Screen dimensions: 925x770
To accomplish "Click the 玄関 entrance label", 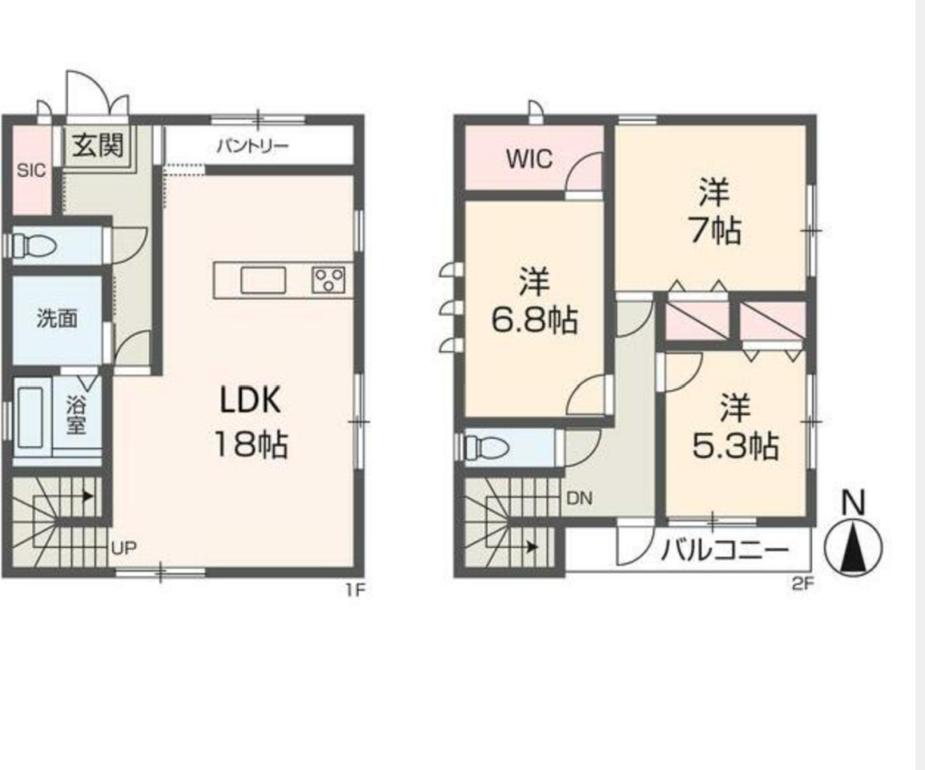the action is click(x=98, y=145).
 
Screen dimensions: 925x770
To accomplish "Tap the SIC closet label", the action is click(x=31, y=171).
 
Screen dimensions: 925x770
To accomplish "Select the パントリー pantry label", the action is click(x=253, y=145).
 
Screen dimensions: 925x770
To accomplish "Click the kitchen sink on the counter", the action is click(x=263, y=280).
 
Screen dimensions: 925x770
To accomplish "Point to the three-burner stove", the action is click(x=329, y=280).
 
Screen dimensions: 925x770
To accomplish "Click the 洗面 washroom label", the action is click(x=57, y=319).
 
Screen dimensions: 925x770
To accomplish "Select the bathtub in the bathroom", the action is click(x=31, y=417).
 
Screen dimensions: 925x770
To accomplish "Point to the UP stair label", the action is click(x=124, y=548).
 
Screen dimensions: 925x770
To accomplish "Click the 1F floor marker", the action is click(x=356, y=589).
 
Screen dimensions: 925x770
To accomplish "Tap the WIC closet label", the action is click(x=529, y=159).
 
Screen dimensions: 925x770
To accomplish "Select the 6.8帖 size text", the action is click(x=535, y=320).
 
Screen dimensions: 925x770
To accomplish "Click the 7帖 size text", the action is click(x=715, y=230).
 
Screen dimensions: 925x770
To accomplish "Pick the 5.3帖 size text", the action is click(x=735, y=446).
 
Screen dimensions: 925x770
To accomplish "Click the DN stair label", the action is click(x=579, y=499).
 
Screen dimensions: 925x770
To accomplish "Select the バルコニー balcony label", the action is click(x=725, y=551).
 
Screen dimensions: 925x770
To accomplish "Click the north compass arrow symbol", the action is click(x=853, y=546).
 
